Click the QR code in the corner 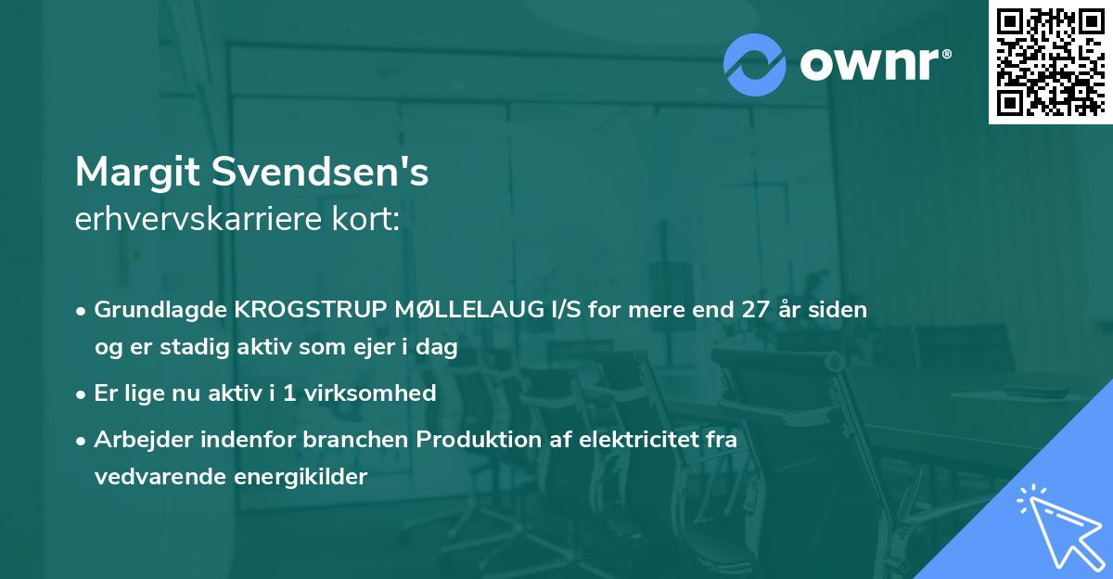click(1051, 61)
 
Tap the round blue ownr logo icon click(754, 64)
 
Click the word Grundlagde click(159, 310)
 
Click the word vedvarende click(152, 477)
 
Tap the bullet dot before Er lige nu click(83, 394)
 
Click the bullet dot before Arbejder click(83, 441)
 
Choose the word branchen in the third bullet click(365, 440)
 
